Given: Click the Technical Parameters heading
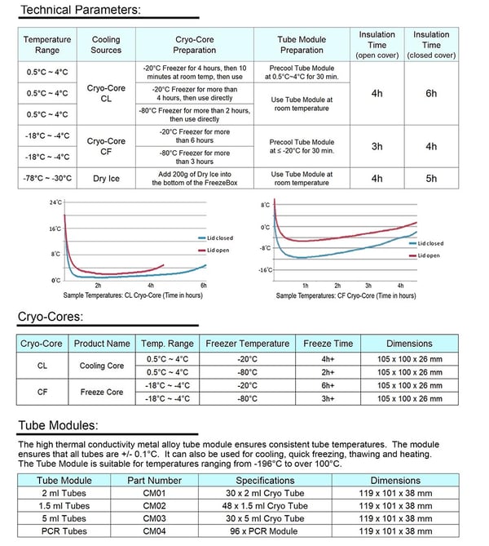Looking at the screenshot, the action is pyautogui.click(x=81, y=10).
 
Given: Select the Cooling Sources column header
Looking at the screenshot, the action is pyautogui.click(x=106, y=45).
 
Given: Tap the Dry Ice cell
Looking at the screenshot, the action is pyautogui.click(x=106, y=178).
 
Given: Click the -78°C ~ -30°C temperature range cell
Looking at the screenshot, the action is pyautogui.click(x=47, y=178).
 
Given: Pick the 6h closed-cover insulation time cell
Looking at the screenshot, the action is pyautogui.click(x=431, y=93).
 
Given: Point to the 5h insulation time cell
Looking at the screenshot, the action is pyautogui.click(x=431, y=178).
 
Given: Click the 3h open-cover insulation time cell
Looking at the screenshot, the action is pyautogui.click(x=377, y=146).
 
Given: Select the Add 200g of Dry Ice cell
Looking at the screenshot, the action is pyautogui.click(x=195, y=178).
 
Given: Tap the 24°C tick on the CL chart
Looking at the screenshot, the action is pyautogui.click(x=55, y=202).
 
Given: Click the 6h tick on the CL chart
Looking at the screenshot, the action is pyautogui.click(x=204, y=286).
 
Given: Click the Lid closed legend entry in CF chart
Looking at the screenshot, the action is pyautogui.click(x=426, y=243).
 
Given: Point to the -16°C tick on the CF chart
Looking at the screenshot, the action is pyautogui.click(x=266, y=270).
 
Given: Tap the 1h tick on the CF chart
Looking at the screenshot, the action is pyautogui.click(x=306, y=286).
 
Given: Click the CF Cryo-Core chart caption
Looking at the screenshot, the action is pyautogui.click(x=346, y=295).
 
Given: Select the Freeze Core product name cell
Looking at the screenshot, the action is pyautogui.click(x=102, y=392).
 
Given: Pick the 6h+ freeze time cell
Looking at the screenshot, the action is pyautogui.click(x=328, y=385).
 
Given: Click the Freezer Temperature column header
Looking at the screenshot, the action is pyautogui.click(x=247, y=344).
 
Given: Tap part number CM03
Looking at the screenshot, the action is pyautogui.click(x=154, y=518).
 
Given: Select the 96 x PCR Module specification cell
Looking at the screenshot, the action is pyautogui.click(x=264, y=531).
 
